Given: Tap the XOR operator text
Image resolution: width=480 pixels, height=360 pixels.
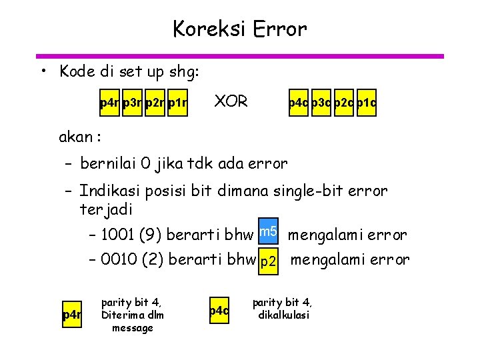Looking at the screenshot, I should pyautogui.click(x=230, y=102).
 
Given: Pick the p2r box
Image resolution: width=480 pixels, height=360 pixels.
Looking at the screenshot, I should pyautogui.click(x=155, y=103).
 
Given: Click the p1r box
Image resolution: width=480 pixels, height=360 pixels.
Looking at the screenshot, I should pyautogui.click(x=177, y=103).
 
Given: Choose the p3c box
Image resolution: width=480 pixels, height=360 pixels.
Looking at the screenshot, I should pyautogui.click(x=322, y=103).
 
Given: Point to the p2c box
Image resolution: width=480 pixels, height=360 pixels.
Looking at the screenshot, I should pyautogui.click(x=344, y=103).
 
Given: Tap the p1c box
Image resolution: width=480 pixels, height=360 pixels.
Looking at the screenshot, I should pyautogui.click(x=366, y=103).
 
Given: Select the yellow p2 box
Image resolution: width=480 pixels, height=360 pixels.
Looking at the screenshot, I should pyautogui.click(x=269, y=261).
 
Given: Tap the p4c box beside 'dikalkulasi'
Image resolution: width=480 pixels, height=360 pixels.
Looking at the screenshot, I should pyautogui.click(x=219, y=311).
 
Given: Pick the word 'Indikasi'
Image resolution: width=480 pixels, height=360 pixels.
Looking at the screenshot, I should pyautogui.click(x=106, y=192).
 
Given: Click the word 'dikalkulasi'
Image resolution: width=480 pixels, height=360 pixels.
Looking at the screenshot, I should pyautogui.click(x=283, y=315).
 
